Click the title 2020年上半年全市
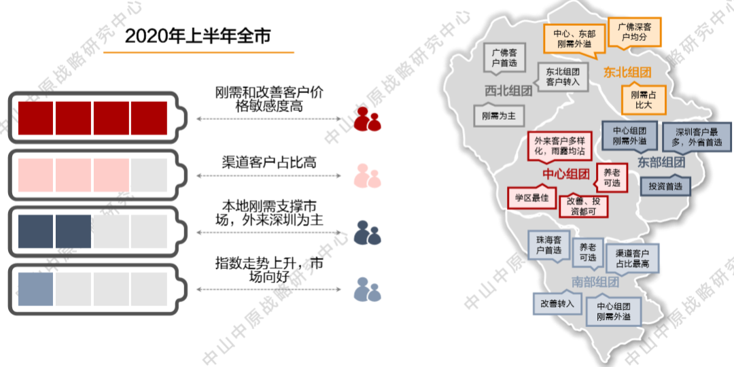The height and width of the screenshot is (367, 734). pos(197,36)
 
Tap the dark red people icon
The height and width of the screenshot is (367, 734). pos(368,120)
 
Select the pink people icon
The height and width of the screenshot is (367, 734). pos(368,176)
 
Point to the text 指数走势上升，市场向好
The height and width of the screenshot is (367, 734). pos(269,270)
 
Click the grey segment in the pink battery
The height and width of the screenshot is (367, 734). pos(149,175)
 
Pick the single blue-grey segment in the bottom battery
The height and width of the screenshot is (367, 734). pos(35,288)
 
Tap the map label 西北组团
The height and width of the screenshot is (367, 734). pos(508,90)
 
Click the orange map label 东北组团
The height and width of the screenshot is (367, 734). pos(627,72)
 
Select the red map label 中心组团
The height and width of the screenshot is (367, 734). pos(565,175)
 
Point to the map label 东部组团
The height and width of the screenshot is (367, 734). pos(660,162)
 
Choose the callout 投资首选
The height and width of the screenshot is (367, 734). pos(666,186)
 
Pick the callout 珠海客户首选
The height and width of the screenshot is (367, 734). pos(548,245)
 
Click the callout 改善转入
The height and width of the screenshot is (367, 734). pos(557,303)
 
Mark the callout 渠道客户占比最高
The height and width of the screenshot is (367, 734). pos(632,257)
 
